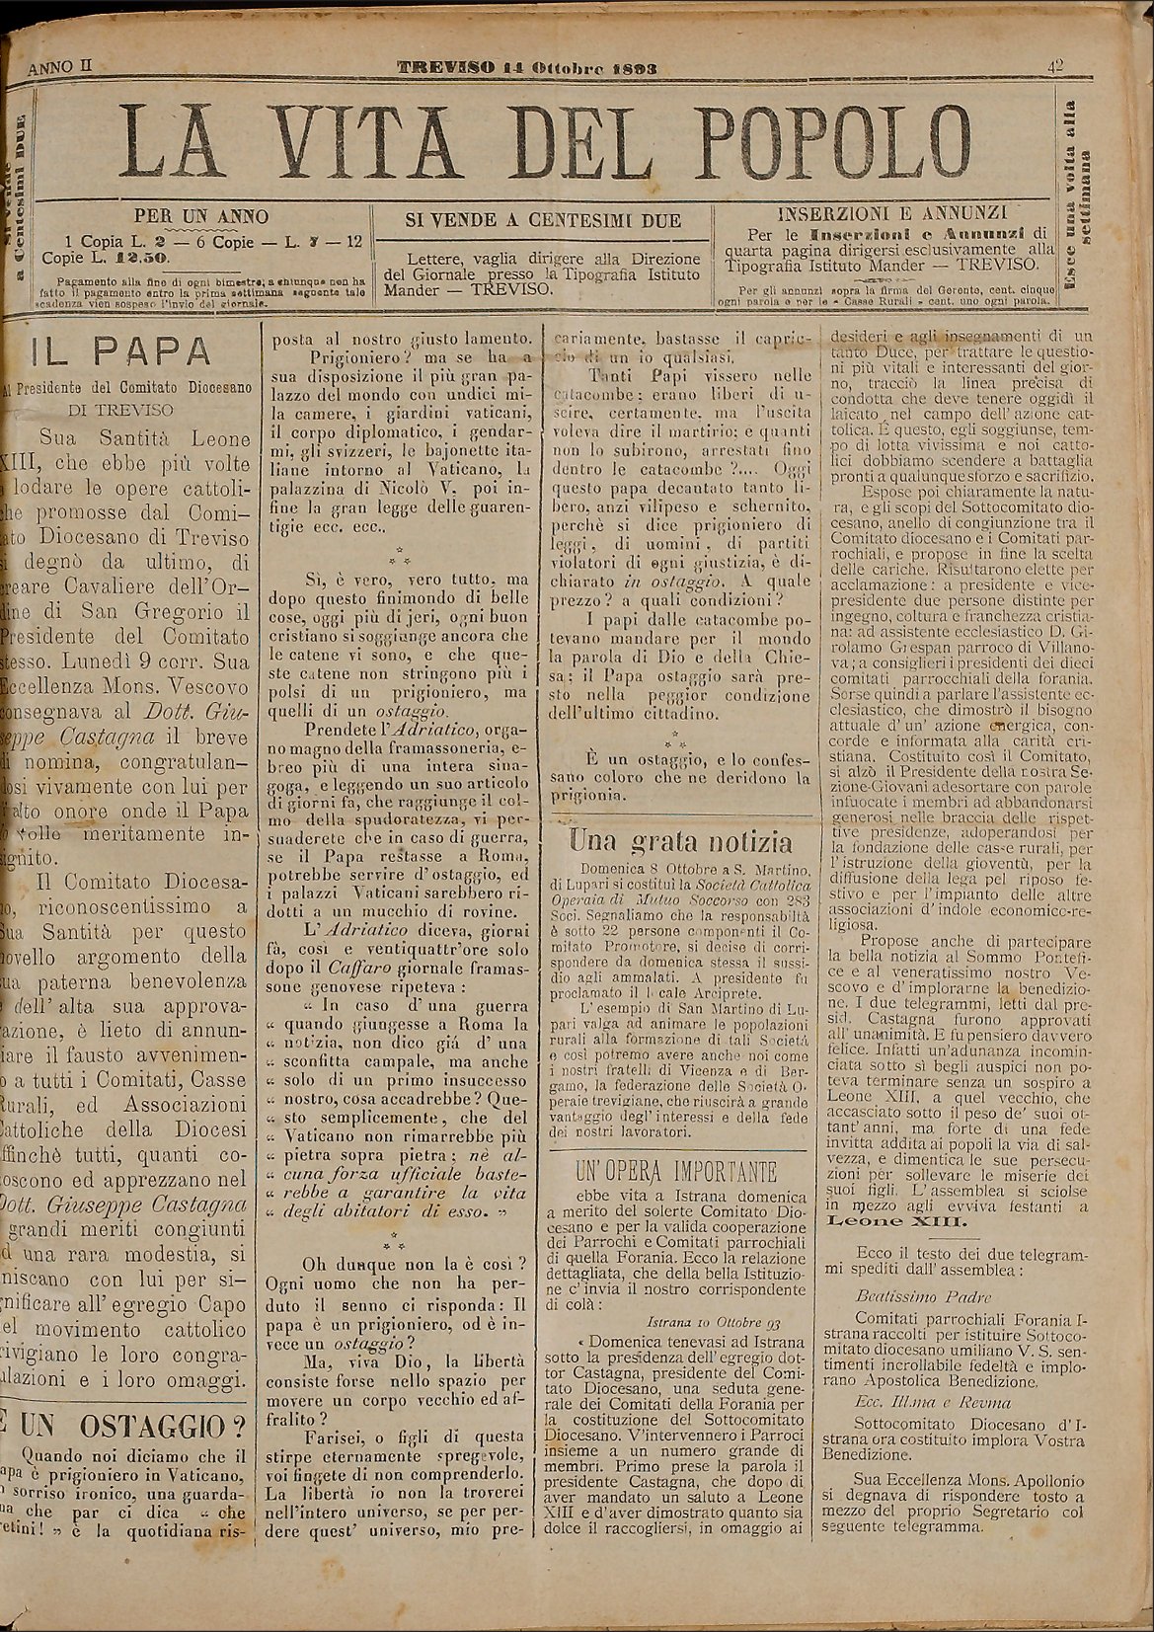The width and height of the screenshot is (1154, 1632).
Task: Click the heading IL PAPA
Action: point(117,352)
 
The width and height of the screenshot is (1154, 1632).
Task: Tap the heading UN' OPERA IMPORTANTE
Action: point(675,1172)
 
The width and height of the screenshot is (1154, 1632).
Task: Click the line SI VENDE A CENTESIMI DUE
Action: point(544,220)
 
